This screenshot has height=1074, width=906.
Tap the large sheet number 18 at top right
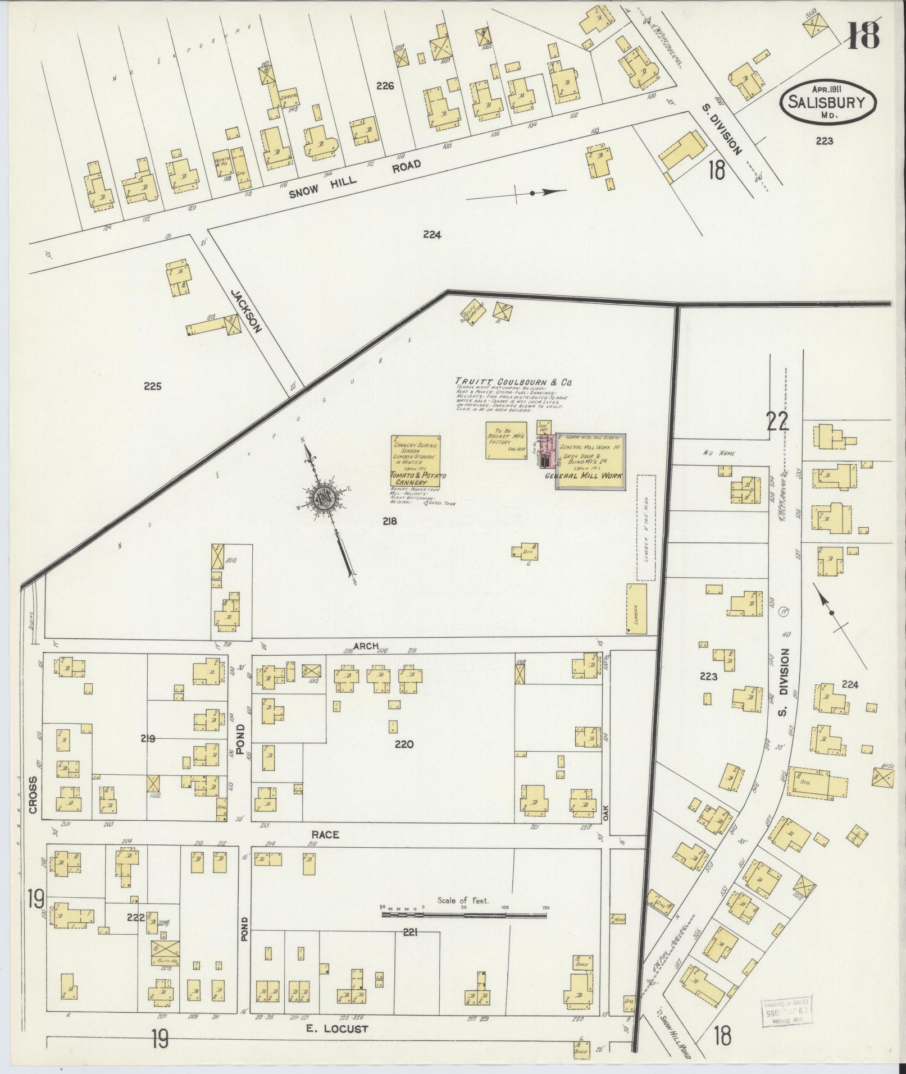click(863, 32)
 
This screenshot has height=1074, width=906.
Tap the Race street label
click(326, 835)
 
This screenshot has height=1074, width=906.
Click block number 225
click(152, 386)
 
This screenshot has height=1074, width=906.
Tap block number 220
click(404, 744)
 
